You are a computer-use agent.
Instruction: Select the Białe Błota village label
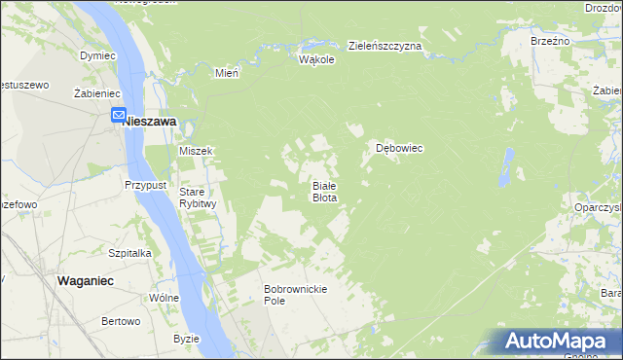coord(324,191)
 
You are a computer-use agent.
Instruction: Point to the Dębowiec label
coord(399,149)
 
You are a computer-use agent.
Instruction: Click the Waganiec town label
coord(87,279)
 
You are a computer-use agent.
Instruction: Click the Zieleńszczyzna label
coord(385,47)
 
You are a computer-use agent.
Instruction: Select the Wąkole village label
coord(317,59)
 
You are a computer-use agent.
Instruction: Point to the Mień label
coord(227,72)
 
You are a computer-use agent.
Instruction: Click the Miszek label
coord(196,151)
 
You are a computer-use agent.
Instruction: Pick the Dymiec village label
coord(98,55)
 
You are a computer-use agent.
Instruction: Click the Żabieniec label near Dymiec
coord(96,92)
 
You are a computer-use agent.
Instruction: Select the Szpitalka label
coord(129,252)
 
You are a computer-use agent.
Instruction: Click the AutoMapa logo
coord(559,342)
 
